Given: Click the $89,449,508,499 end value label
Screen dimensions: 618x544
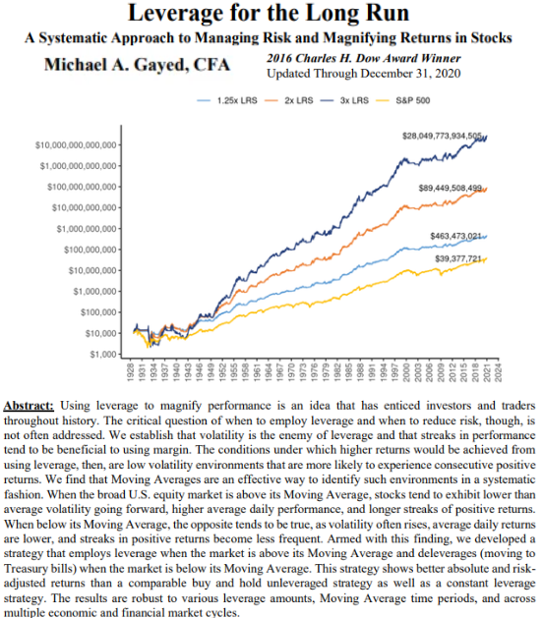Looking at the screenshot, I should pos(450,188).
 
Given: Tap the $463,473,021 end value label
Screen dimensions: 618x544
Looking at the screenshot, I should pos(459,236).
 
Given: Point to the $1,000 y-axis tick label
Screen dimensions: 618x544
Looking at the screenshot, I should pos(104,353).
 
